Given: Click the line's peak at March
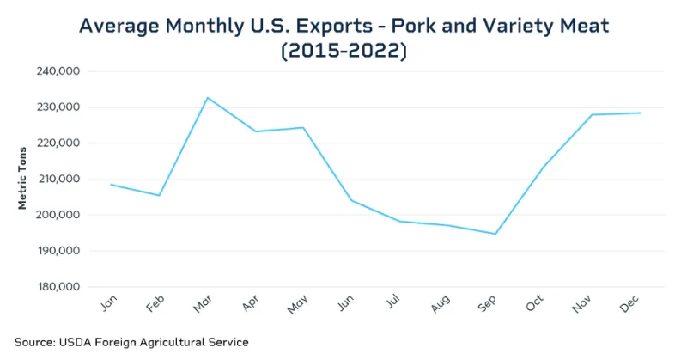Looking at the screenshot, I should point(207,97).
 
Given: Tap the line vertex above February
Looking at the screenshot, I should point(159,196).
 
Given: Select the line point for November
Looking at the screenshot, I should point(592,114).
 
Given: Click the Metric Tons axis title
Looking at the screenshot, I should point(23,179).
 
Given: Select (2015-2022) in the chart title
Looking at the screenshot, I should point(343,52).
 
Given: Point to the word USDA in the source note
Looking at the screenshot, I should point(77,342).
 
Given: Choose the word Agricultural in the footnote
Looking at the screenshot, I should point(176,342).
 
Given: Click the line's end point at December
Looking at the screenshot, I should point(640,113).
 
